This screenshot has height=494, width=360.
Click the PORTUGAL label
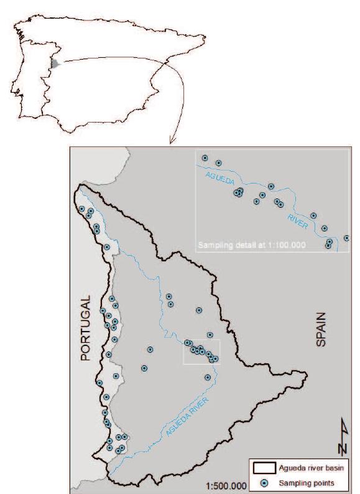point(86,328)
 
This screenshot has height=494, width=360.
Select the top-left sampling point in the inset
point(205,158)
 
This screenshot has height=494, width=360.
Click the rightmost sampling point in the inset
point(346,238)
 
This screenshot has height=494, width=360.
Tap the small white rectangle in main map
point(201,352)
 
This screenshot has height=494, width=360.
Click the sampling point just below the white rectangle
point(207,377)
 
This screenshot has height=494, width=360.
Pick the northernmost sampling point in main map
point(82,208)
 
